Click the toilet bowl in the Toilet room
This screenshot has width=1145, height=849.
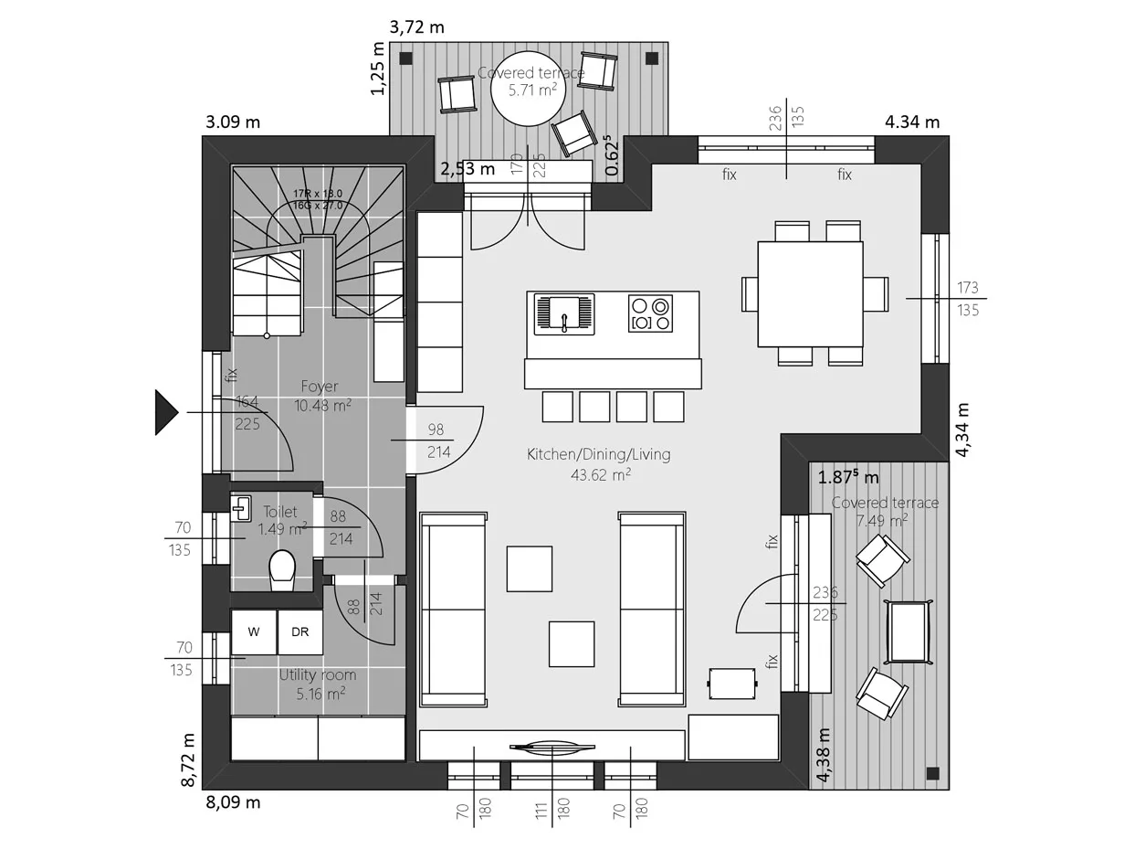(x=282, y=568)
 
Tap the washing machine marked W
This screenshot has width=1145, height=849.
(x=254, y=632)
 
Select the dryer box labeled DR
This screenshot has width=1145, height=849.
(x=299, y=632)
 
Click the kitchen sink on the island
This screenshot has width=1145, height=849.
(x=563, y=314)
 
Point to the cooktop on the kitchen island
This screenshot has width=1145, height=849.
(x=650, y=313)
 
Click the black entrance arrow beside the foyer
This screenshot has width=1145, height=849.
(x=166, y=412)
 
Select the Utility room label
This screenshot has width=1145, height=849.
(x=318, y=675)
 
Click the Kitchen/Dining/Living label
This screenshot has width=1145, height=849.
(x=598, y=454)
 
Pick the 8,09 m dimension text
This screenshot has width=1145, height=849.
(x=233, y=802)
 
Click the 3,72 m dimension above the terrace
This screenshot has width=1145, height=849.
(x=416, y=27)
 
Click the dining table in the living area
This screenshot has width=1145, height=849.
(x=810, y=293)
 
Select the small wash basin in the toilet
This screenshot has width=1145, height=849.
(x=241, y=508)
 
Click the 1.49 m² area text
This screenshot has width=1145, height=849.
(x=282, y=529)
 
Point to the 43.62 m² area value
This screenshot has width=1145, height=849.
(x=601, y=474)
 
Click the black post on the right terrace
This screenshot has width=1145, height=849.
(x=932, y=773)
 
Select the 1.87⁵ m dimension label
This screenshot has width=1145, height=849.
(x=848, y=477)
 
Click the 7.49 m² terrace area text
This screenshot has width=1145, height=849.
(x=882, y=520)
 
